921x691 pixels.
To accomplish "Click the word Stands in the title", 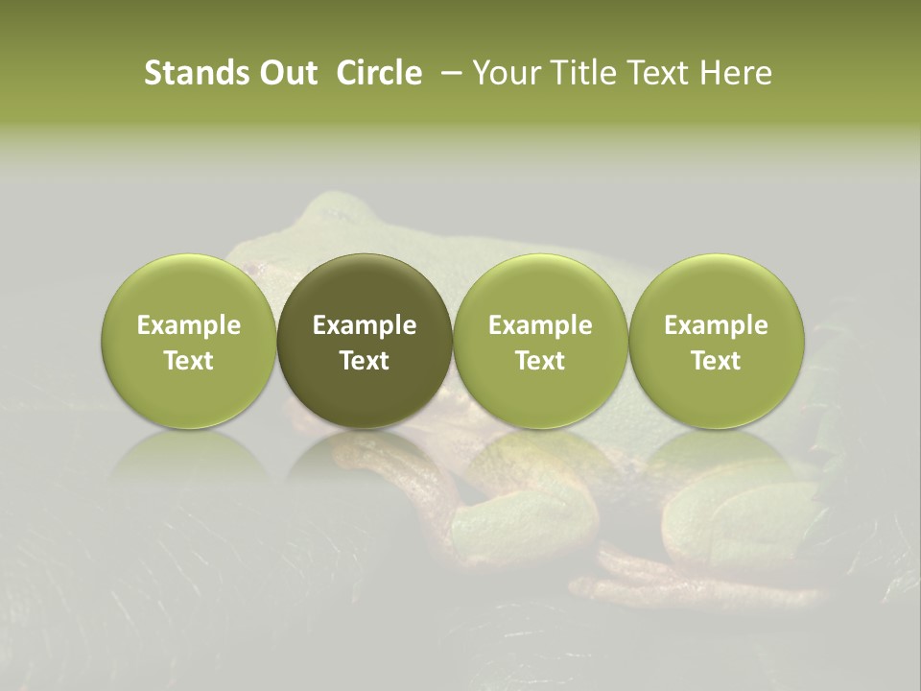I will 195,73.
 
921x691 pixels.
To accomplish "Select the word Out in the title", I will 285,73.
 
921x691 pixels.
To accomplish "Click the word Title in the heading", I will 583,73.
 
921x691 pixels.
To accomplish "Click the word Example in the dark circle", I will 365,325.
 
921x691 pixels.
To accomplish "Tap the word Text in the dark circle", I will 365,361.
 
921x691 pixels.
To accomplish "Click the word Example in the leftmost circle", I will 189,325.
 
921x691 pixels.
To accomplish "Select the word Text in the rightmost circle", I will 717,361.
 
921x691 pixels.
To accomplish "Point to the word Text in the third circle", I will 540,361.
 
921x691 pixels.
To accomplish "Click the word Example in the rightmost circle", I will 717,325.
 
